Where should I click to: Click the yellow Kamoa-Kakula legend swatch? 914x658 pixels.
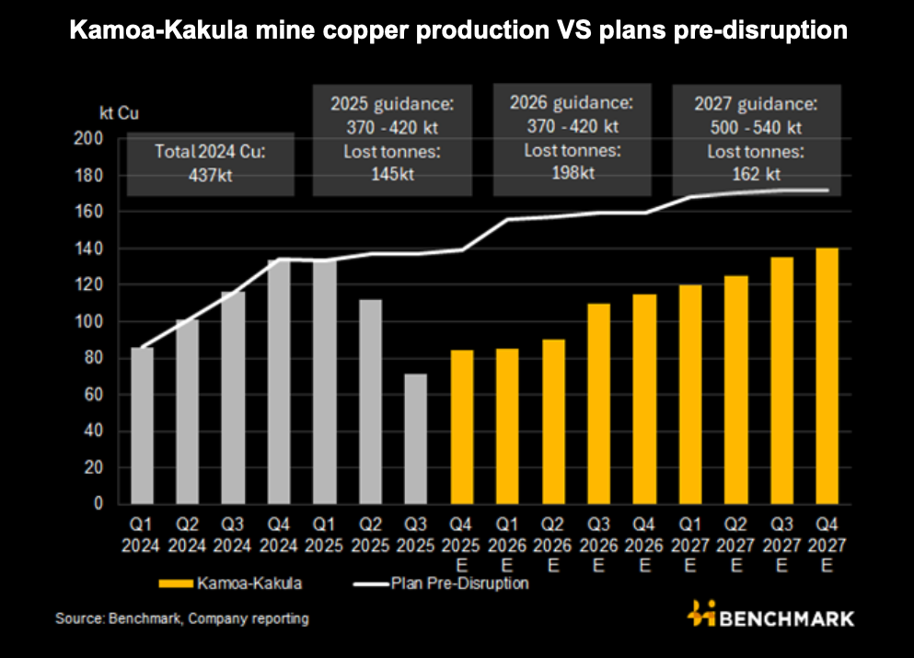tap(179, 583)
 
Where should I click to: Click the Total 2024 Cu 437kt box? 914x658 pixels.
tap(210, 163)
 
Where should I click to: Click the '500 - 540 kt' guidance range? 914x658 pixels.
tap(757, 127)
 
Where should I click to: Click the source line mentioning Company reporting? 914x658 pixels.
tap(182, 618)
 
